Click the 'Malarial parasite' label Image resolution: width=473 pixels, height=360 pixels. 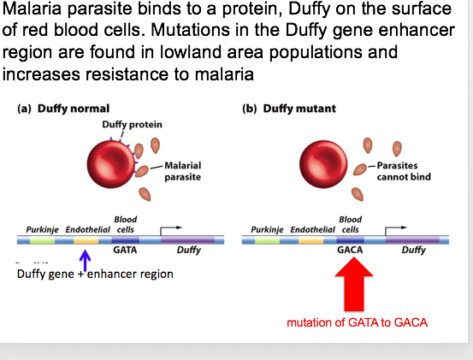coord(182,171)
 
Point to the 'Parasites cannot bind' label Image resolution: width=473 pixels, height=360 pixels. coord(403,171)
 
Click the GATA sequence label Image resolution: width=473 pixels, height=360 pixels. coord(125,251)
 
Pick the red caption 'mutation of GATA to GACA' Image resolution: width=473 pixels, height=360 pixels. coord(357,322)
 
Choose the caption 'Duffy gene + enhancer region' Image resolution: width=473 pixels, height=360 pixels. coord(95,274)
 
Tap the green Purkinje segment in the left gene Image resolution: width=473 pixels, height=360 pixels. coord(42,241)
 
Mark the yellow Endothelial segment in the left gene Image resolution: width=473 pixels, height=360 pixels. coord(86,241)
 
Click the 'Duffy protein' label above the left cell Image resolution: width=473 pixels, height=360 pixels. coord(132,124)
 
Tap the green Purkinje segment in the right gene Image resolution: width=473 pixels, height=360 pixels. coord(267,241)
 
